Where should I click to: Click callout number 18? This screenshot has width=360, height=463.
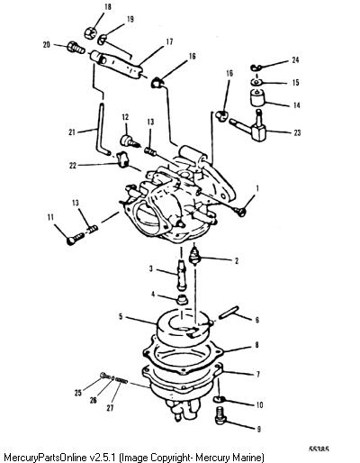(x=107, y=7)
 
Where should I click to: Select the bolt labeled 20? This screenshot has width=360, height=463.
(x=76, y=47)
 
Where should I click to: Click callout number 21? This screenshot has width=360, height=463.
(x=72, y=132)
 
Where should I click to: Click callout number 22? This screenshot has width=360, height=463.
(x=73, y=166)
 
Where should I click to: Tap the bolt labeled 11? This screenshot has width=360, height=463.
(x=76, y=239)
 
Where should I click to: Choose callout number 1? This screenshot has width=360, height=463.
(x=257, y=188)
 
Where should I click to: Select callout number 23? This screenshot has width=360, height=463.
(x=297, y=132)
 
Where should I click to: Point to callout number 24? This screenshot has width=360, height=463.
(x=295, y=60)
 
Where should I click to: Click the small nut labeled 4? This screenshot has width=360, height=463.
(x=181, y=300)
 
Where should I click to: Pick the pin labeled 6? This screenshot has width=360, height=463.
(x=229, y=312)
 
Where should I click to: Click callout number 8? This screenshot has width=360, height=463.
(x=256, y=345)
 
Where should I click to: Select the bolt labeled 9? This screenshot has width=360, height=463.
(x=220, y=415)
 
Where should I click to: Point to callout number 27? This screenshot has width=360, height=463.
(x=110, y=408)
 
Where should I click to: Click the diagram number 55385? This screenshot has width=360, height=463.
(x=319, y=449)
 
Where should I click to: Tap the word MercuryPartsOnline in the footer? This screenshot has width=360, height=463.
(x=47, y=458)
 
